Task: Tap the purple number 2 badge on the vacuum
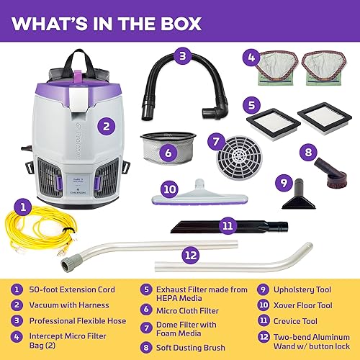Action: coord(107,124)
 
